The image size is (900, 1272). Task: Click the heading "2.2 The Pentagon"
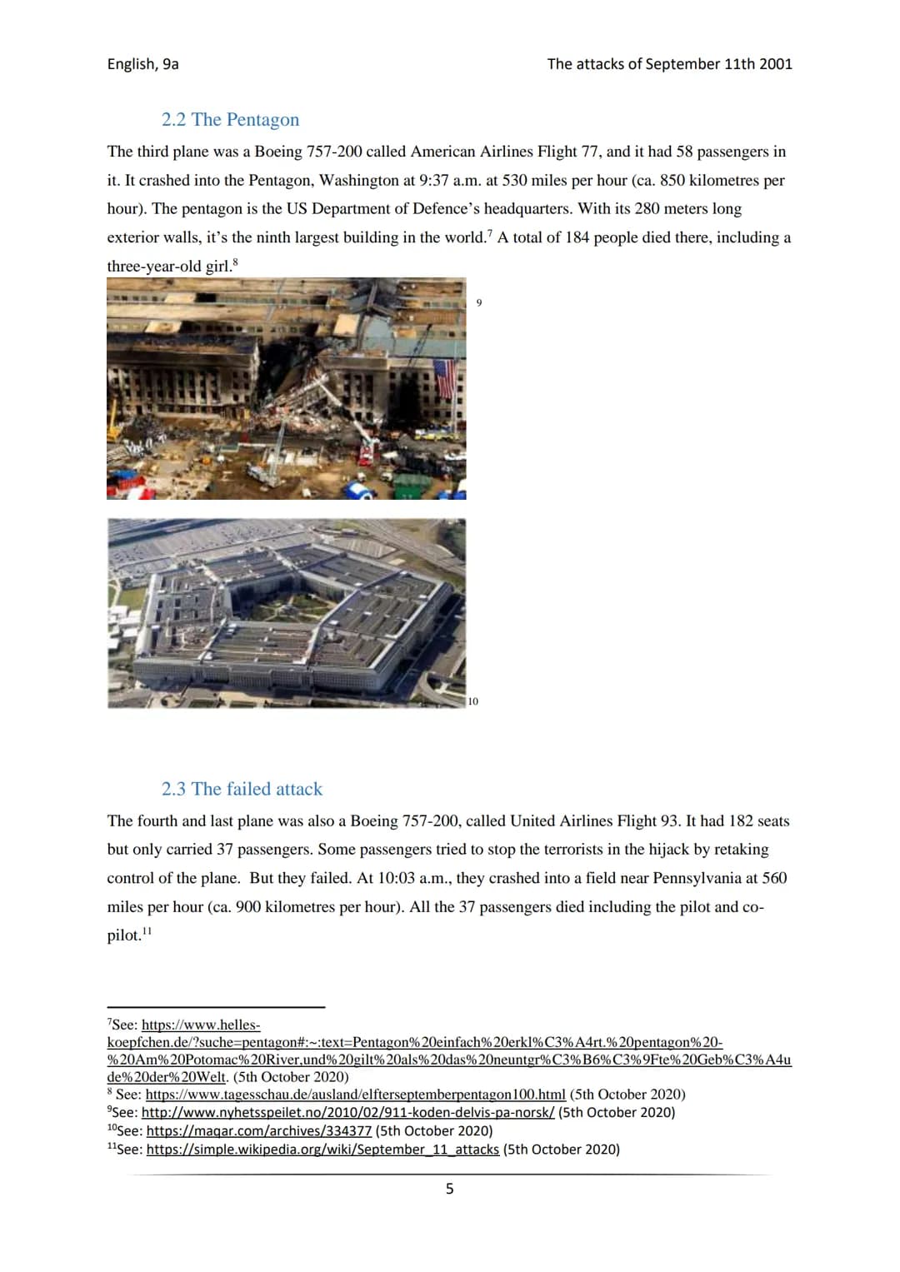(x=230, y=120)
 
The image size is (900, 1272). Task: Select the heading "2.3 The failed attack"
(x=242, y=789)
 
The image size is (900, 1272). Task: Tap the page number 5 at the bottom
(x=450, y=1189)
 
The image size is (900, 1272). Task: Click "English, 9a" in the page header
(x=142, y=64)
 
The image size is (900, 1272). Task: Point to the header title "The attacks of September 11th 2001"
(x=669, y=64)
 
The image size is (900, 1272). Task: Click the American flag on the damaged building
(x=446, y=378)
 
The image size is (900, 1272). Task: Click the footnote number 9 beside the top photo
(x=478, y=302)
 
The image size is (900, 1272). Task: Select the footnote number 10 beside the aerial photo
(x=473, y=701)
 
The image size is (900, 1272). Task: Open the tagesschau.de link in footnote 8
(x=355, y=1095)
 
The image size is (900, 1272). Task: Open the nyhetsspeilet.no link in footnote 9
(x=347, y=1113)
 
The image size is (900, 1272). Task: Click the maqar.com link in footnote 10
(x=258, y=1131)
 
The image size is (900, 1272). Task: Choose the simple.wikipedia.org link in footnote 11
(x=322, y=1150)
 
